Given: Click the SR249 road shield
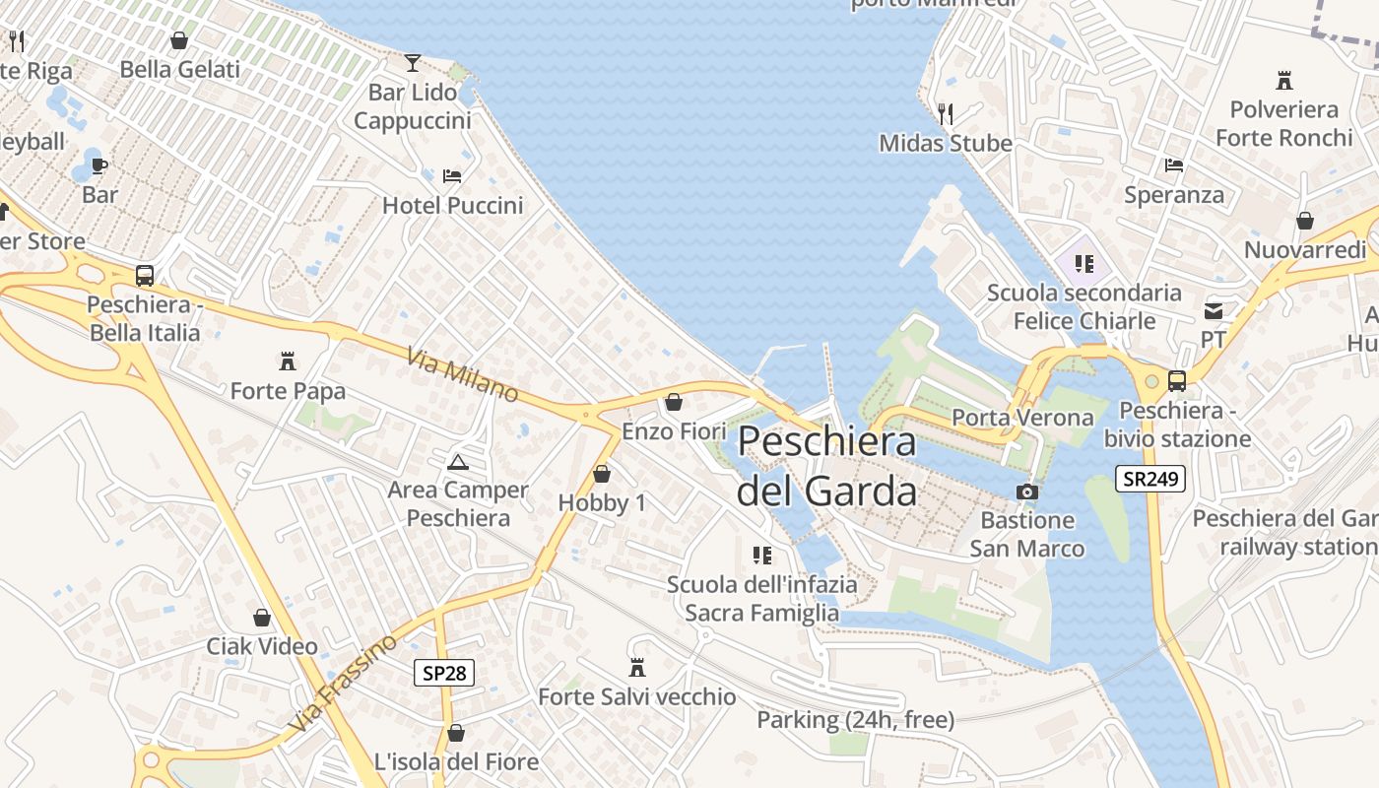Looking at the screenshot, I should click(1149, 480).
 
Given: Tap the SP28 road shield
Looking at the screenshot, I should click(443, 673).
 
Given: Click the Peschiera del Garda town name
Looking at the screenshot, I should click(826, 465).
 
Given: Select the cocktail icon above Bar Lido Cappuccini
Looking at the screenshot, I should click(412, 63).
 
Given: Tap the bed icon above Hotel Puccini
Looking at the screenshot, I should click(452, 176).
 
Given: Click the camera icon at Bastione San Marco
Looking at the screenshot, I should click(1026, 492).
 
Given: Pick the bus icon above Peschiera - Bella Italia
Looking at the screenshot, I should click(145, 276).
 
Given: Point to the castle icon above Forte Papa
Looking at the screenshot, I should click(288, 361).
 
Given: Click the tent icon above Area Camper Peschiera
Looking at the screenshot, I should click(457, 461).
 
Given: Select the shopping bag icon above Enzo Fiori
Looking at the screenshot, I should click(674, 402).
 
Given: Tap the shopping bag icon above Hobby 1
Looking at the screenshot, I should click(602, 474).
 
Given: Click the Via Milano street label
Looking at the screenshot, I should click(462, 374).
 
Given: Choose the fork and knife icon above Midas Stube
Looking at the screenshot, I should click(946, 114).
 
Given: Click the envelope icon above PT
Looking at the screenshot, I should click(1214, 311).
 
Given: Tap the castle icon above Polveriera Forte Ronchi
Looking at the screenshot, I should click(1283, 80).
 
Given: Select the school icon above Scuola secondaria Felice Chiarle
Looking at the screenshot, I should click(1084, 264).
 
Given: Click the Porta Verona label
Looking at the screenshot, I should click(1022, 418).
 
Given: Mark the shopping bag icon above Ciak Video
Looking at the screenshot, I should click(262, 618).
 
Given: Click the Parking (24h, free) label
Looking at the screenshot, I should click(855, 720).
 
